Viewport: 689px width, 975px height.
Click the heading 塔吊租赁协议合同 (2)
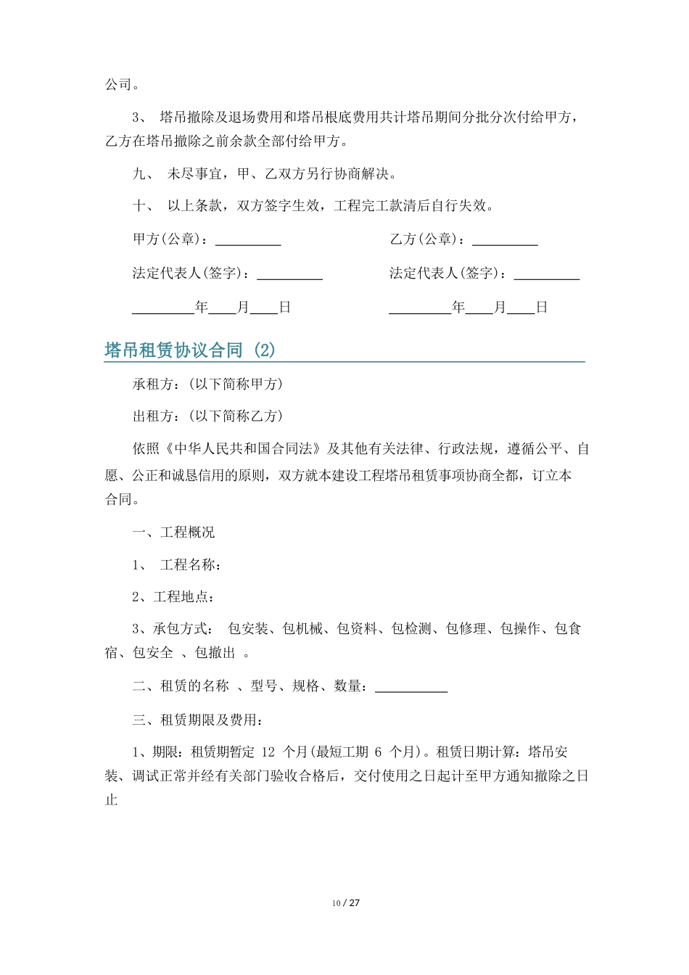tap(190, 350)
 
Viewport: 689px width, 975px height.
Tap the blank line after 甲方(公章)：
tap(248, 241)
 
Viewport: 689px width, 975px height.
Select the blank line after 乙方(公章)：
tap(505, 241)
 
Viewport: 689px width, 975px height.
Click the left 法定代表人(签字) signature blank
tap(289, 275)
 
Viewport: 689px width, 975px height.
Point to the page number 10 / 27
tap(346, 903)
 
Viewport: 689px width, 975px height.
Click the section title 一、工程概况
tap(173, 532)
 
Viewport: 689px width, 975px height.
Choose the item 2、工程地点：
tap(173, 596)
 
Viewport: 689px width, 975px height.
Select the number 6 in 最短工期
tap(379, 752)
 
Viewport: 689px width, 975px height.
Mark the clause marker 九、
tap(142, 174)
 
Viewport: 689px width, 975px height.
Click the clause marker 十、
tap(142, 205)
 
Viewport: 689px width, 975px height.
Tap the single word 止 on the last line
tap(112, 801)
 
